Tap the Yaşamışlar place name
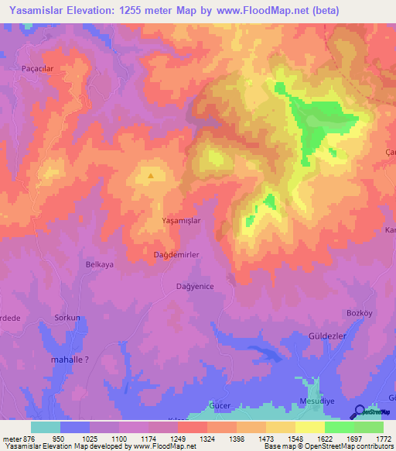click(x=181, y=221)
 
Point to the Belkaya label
click(x=99, y=264)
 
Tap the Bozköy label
click(x=360, y=312)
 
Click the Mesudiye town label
click(x=318, y=401)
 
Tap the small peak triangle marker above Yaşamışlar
click(x=150, y=176)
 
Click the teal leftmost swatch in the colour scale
click(x=46, y=427)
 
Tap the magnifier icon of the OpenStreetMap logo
click(x=359, y=412)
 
